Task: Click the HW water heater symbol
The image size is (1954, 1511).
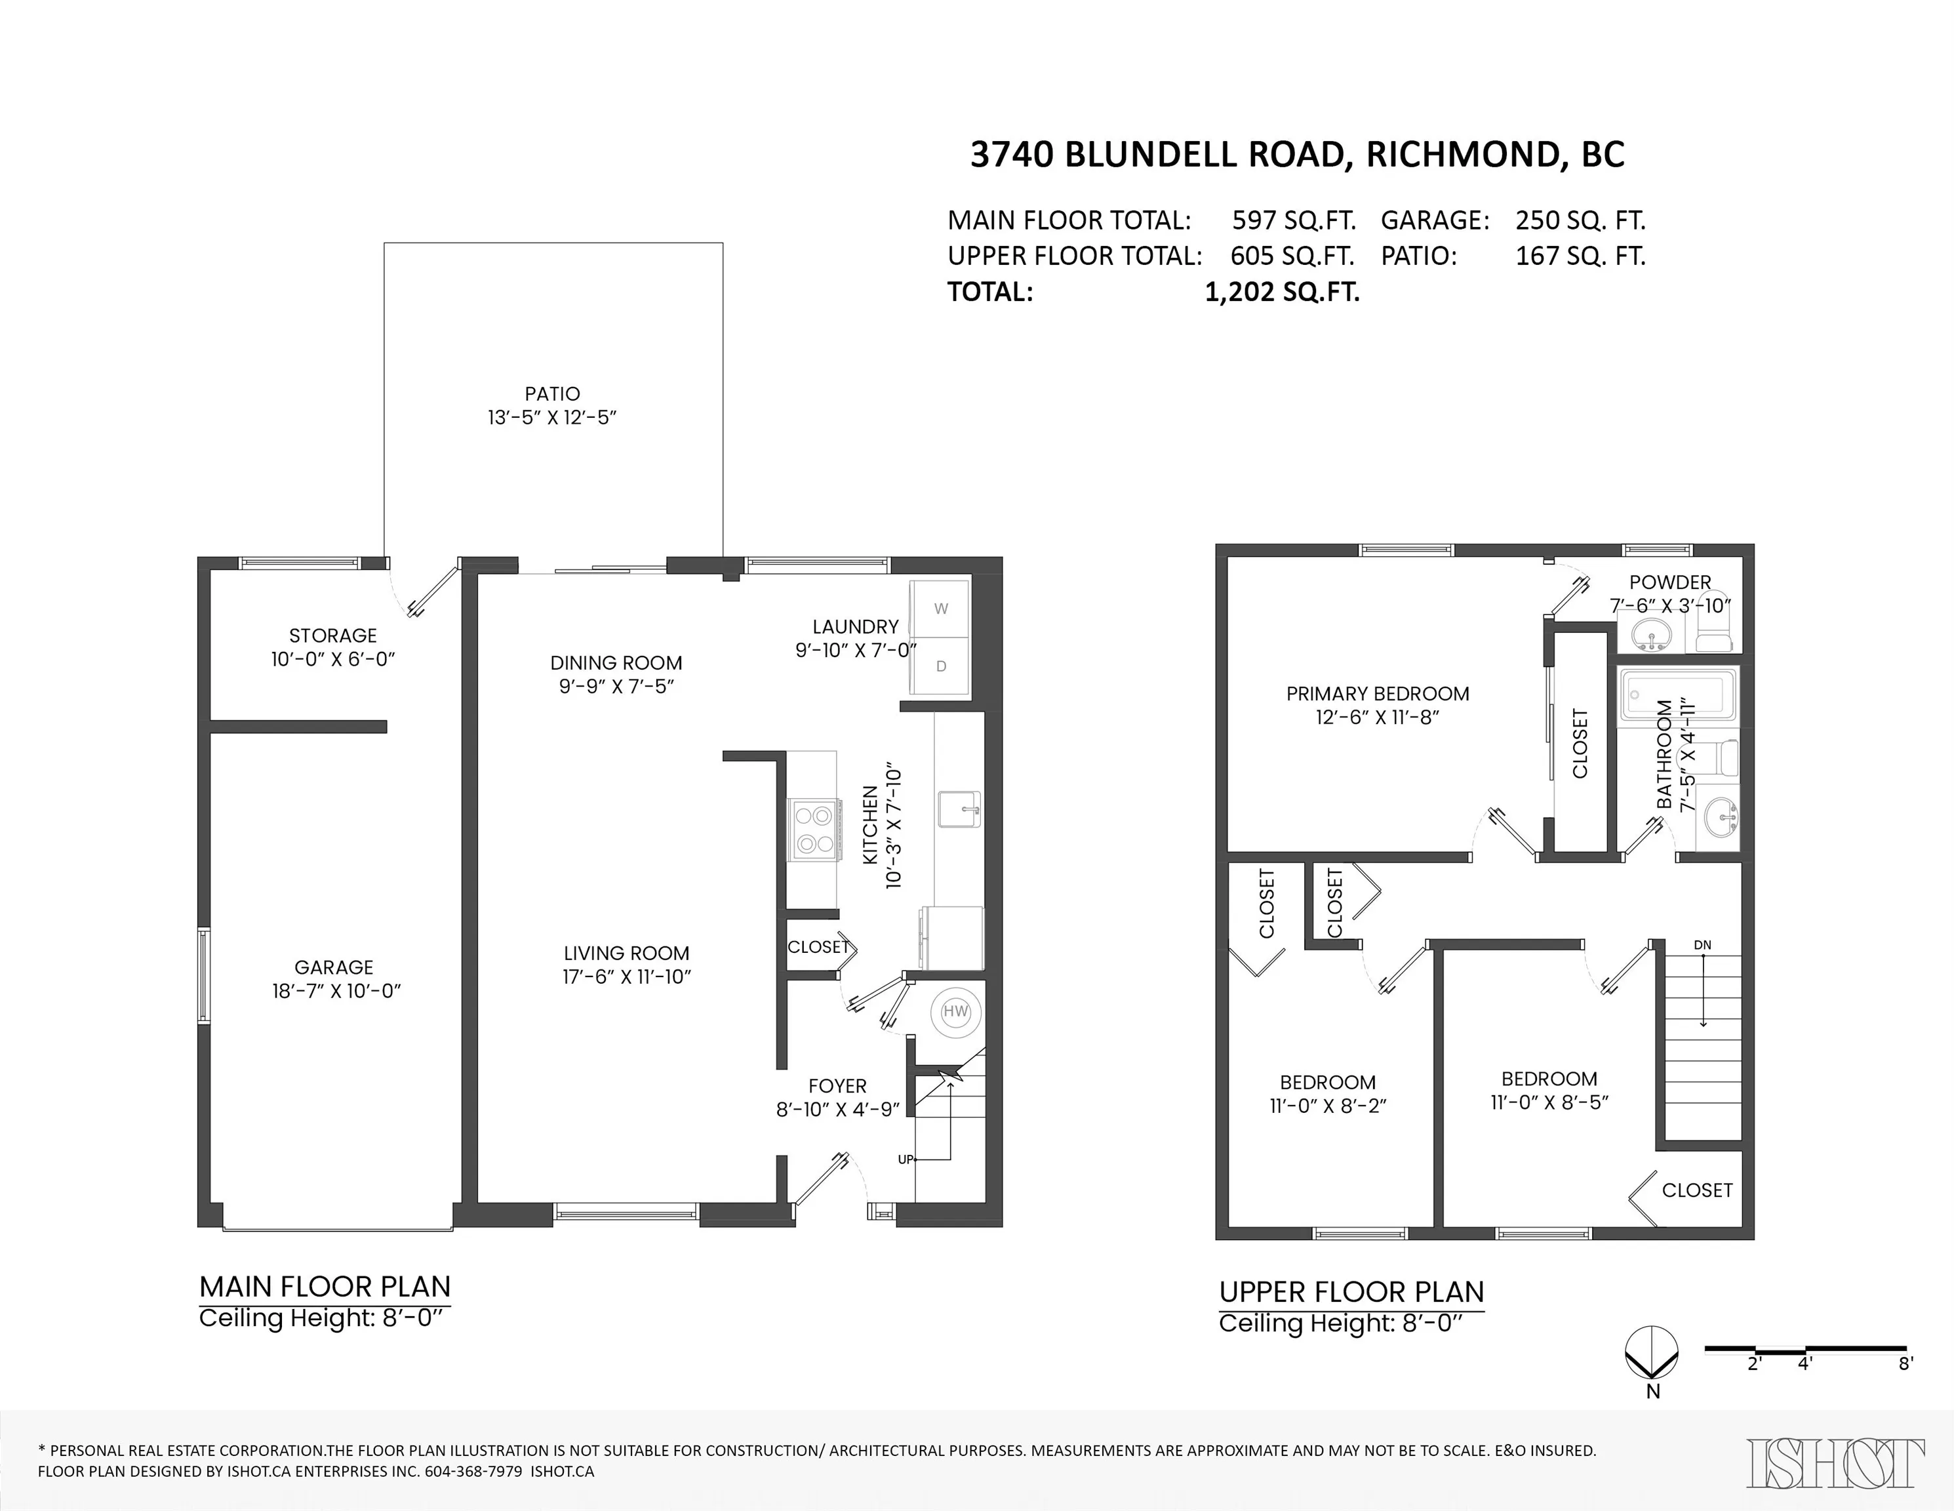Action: [955, 1012]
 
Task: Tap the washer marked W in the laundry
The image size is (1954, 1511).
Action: [940, 609]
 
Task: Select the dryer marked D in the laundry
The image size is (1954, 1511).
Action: [940, 666]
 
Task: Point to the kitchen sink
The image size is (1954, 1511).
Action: [960, 810]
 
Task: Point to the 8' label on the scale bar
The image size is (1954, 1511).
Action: [1905, 1364]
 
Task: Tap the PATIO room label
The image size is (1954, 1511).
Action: [552, 393]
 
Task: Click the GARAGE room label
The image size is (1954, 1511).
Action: [334, 967]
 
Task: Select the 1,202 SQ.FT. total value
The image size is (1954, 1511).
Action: [1282, 292]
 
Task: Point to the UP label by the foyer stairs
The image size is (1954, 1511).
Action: [906, 1159]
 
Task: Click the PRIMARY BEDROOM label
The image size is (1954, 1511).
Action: [1378, 693]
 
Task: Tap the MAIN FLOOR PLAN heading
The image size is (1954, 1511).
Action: [325, 1287]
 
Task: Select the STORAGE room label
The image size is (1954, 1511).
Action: [333, 635]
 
